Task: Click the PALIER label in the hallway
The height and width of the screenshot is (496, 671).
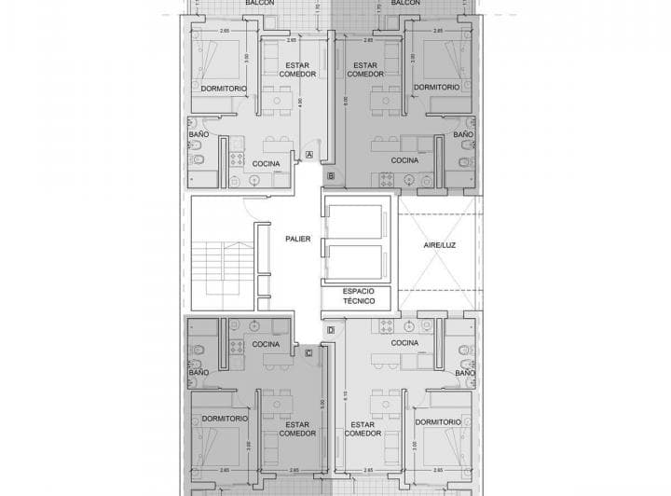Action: (x=298, y=239)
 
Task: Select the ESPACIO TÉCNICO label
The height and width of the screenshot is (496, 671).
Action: (x=359, y=296)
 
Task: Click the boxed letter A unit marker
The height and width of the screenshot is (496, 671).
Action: (x=309, y=155)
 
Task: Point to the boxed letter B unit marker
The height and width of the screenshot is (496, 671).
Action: (x=331, y=175)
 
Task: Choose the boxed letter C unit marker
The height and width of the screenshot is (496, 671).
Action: (x=309, y=352)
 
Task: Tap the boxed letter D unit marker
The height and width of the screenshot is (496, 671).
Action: (x=331, y=331)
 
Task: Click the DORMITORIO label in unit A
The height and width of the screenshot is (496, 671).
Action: (x=224, y=88)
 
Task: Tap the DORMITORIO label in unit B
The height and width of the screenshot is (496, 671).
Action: (x=436, y=88)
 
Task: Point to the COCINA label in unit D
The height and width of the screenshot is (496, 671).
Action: (x=404, y=343)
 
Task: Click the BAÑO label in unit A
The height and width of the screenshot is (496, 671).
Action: (x=199, y=135)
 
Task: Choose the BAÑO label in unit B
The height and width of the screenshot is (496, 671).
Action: (x=463, y=135)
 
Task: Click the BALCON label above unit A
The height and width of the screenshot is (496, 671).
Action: (x=259, y=4)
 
